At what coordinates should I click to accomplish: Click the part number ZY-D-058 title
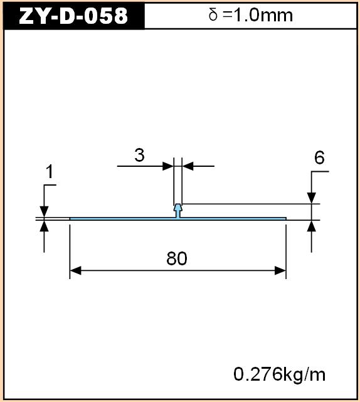coord(73,16)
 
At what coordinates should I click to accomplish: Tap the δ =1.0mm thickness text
coord(250,15)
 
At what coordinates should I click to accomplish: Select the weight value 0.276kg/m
coord(279,375)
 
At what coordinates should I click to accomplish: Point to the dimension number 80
coord(177,258)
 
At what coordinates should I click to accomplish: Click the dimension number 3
coord(139,155)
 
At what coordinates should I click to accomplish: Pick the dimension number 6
coord(319,157)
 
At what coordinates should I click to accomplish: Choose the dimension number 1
coord(50,171)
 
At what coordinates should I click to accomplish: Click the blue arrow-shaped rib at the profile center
coord(177,211)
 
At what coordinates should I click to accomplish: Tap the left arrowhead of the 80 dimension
coord(75,270)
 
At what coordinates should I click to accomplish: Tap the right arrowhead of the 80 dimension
coord(280,270)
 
